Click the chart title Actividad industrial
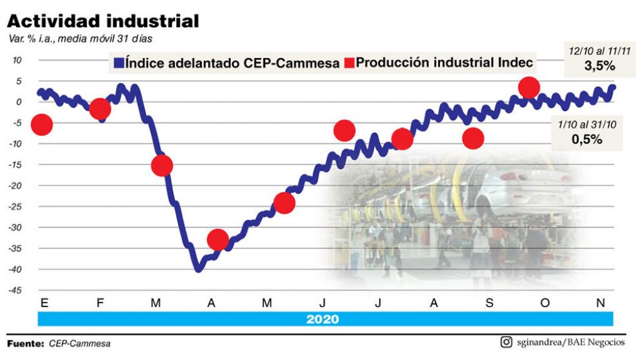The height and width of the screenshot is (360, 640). click(103, 21)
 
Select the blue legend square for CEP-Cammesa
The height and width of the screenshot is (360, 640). click(118, 63)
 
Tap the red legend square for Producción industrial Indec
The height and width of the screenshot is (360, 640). click(349, 63)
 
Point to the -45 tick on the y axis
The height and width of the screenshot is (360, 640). click(14, 290)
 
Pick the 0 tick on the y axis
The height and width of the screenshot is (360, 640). click(19, 102)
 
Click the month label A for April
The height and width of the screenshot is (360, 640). click(211, 303)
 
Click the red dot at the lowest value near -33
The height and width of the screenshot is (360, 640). click(218, 239)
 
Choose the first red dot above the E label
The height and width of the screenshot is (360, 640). click(42, 125)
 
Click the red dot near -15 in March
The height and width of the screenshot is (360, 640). click(161, 166)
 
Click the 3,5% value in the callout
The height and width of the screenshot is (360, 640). click(599, 66)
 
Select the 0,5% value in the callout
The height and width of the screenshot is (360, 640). click(587, 139)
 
